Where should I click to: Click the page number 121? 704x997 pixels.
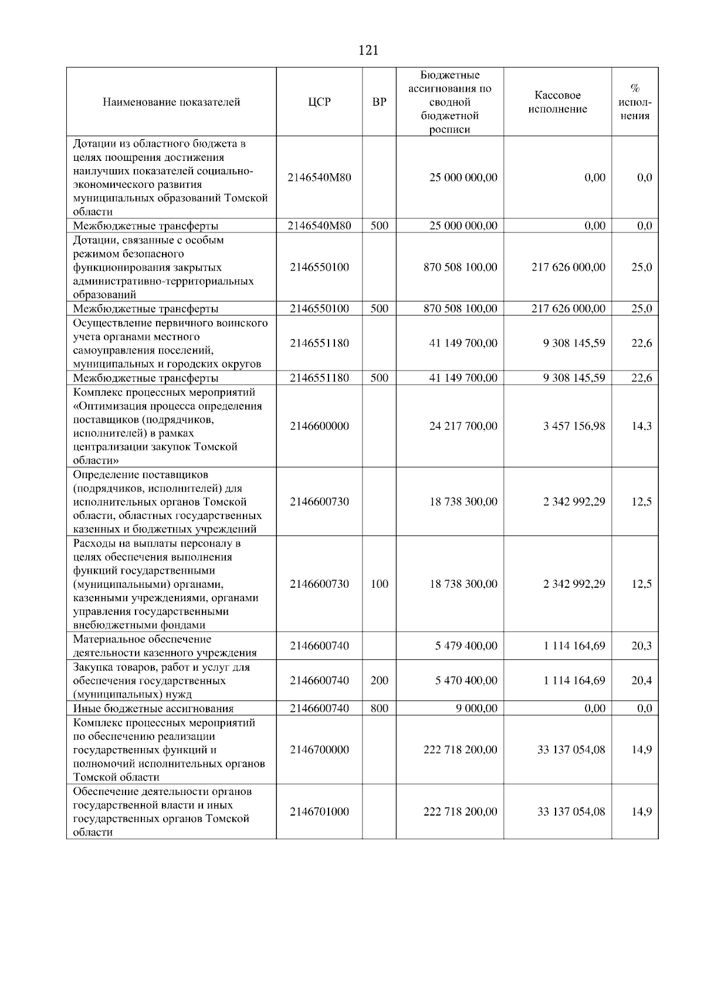pos(368,50)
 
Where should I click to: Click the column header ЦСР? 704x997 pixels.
pos(319,102)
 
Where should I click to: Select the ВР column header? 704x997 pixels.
pos(380,102)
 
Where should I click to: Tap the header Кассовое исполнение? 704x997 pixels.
pos(557,102)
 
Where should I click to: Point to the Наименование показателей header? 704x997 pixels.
pos(171,102)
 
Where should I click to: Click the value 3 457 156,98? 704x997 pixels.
pos(574,426)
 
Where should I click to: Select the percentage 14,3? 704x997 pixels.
pos(641,426)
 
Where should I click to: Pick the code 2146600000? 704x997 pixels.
pos(319,426)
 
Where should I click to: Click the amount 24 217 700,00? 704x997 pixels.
pos(463,426)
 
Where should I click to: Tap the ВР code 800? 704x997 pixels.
pos(380,709)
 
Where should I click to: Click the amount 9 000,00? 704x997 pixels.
pos(476,709)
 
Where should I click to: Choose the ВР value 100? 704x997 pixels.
pos(380,584)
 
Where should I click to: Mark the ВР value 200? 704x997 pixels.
pos(380,681)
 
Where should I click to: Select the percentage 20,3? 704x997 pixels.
pos(641,646)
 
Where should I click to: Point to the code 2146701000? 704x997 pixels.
pos(319,812)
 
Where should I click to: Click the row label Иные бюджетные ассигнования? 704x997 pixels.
pos(153,709)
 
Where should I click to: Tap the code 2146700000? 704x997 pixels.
pos(319,750)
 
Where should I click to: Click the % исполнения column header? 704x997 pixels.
pos(635,102)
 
